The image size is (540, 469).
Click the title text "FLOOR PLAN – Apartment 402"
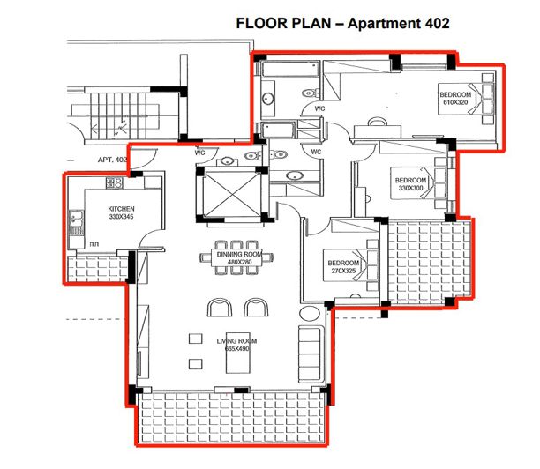[x=343, y=24]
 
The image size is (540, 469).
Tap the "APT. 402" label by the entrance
[x=113, y=160]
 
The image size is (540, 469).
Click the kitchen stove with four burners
[x=115, y=183]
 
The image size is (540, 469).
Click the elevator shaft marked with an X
[x=229, y=193]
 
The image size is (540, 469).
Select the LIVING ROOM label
[x=236, y=339]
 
